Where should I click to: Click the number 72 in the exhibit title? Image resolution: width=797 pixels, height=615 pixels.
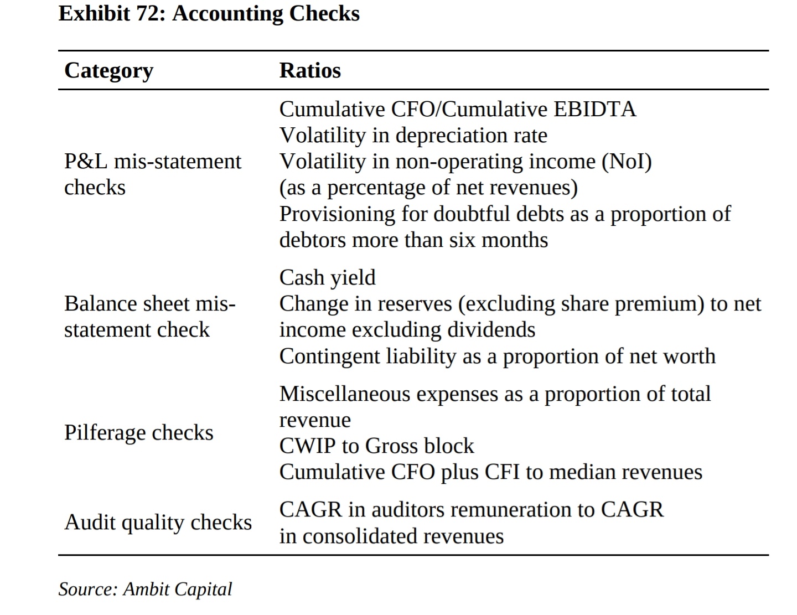pyautogui.click(x=148, y=13)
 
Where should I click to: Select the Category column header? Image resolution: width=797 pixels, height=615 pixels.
pyautogui.click(x=108, y=71)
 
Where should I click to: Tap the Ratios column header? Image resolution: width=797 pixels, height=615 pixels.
pyautogui.click(x=310, y=71)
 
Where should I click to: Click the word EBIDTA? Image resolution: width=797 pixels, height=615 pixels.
pyautogui.click(x=595, y=109)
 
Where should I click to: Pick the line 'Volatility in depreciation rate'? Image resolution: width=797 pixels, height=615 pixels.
pyautogui.click(x=413, y=135)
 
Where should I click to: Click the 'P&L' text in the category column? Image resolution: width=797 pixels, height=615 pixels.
pyautogui.click(x=86, y=161)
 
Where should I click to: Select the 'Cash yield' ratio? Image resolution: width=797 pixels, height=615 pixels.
pyautogui.click(x=327, y=277)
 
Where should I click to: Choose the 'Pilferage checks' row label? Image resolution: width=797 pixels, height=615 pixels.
pyautogui.click(x=138, y=432)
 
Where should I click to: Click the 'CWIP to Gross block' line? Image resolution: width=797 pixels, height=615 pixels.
pyautogui.click(x=376, y=446)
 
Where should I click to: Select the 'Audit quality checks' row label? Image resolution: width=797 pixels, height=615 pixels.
pyautogui.click(x=158, y=522)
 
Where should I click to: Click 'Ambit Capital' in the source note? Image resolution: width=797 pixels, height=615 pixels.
pyautogui.click(x=177, y=589)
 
